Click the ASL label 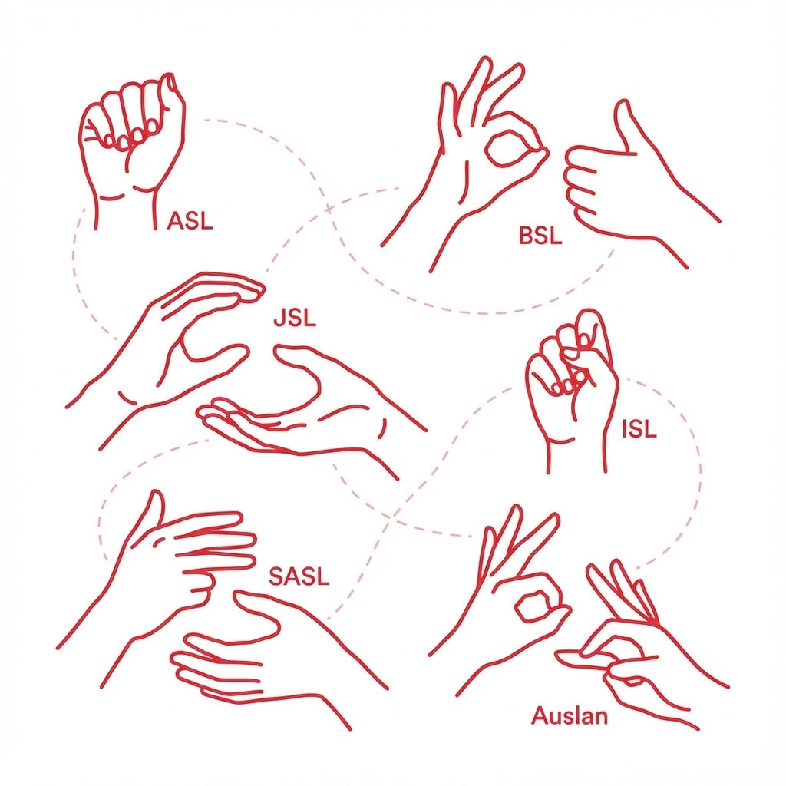(190, 220)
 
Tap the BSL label (540, 235)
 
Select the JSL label (295, 318)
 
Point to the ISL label (639, 429)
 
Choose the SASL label (299, 576)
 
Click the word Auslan (570, 715)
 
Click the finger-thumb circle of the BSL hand (512, 148)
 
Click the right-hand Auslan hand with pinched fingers (646, 652)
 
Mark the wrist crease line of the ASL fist (112, 197)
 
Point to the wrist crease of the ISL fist (561, 441)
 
